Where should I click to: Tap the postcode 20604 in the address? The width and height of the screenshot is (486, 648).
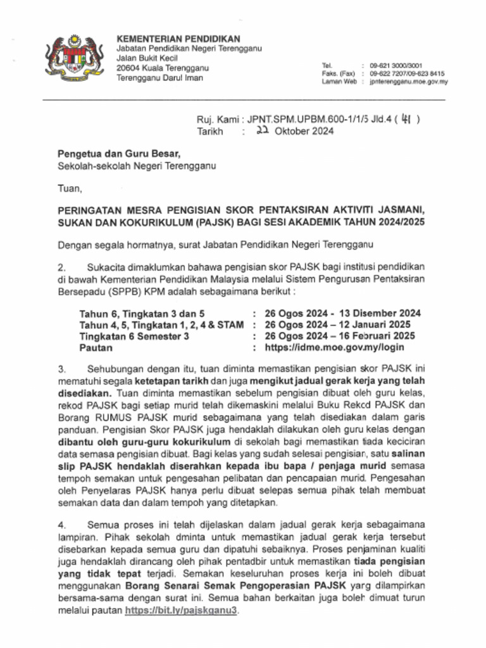[x=128, y=68]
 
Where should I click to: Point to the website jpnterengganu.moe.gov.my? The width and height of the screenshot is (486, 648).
[x=409, y=82]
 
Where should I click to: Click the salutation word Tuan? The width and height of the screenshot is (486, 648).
[x=70, y=188]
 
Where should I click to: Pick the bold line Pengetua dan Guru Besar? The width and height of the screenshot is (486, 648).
[x=119, y=154]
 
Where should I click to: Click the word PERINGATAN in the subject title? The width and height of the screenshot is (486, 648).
[x=90, y=209]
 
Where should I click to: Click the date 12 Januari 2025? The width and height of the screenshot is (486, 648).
[x=378, y=325]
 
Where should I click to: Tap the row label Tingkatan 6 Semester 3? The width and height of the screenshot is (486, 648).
[x=134, y=336]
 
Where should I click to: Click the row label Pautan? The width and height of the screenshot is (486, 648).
[x=96, y=347]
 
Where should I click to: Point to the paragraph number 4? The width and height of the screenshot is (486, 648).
[x=62, y=525]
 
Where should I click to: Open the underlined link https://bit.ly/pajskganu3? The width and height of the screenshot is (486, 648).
[x=184, y=611]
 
